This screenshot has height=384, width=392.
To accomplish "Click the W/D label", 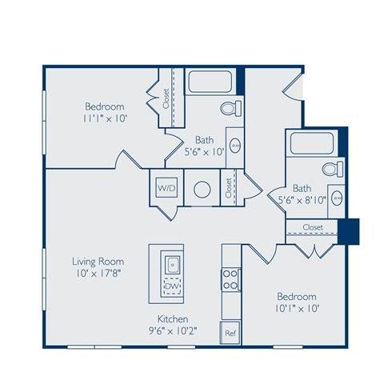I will [x=166, y=188].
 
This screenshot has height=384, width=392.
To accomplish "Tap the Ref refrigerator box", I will [x=230, y=333].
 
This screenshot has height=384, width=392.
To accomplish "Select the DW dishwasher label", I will [x=171, y=284].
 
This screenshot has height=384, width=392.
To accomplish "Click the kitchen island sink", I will [x=172, y=262].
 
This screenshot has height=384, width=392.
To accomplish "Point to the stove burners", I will [x=230, y=278].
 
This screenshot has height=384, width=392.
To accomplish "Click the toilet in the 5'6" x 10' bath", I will [x=228, y=108].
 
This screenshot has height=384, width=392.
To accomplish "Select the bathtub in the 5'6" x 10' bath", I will [x=210, y=83].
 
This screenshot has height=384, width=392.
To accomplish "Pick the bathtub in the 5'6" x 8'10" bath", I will [x=314, y=144].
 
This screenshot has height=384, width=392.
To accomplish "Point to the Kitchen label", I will [x=172, y=318].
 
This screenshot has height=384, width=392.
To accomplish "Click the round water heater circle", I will [x=202, y=190].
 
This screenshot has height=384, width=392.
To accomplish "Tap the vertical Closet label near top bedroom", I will [x=166, y=99].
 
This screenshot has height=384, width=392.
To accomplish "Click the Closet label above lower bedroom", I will [x=313, y=228].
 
